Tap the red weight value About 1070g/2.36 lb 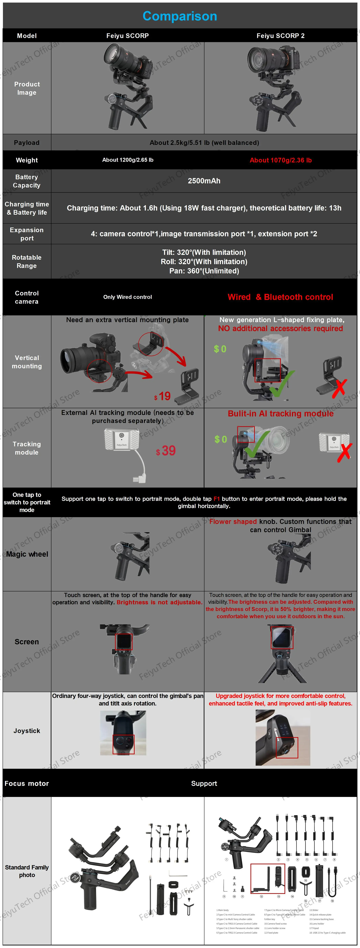281,160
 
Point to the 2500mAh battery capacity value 204,181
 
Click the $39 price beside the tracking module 166,451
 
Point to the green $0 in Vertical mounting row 220,349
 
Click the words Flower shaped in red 233,521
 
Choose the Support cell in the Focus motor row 204,784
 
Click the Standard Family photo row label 27,871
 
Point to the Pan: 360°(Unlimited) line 204,271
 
